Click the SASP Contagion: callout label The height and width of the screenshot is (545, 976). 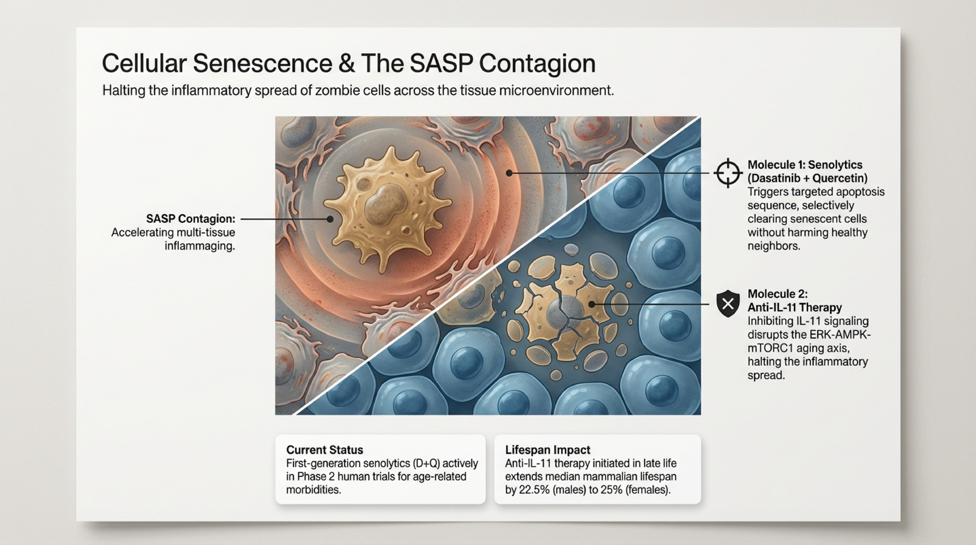click(191, 219)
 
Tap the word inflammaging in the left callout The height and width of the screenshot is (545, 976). click(200, 246)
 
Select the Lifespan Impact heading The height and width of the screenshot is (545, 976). click(547, 450)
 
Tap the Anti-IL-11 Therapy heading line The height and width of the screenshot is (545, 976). click(795, 307)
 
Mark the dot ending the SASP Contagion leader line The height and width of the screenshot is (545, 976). click(330, 219)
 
